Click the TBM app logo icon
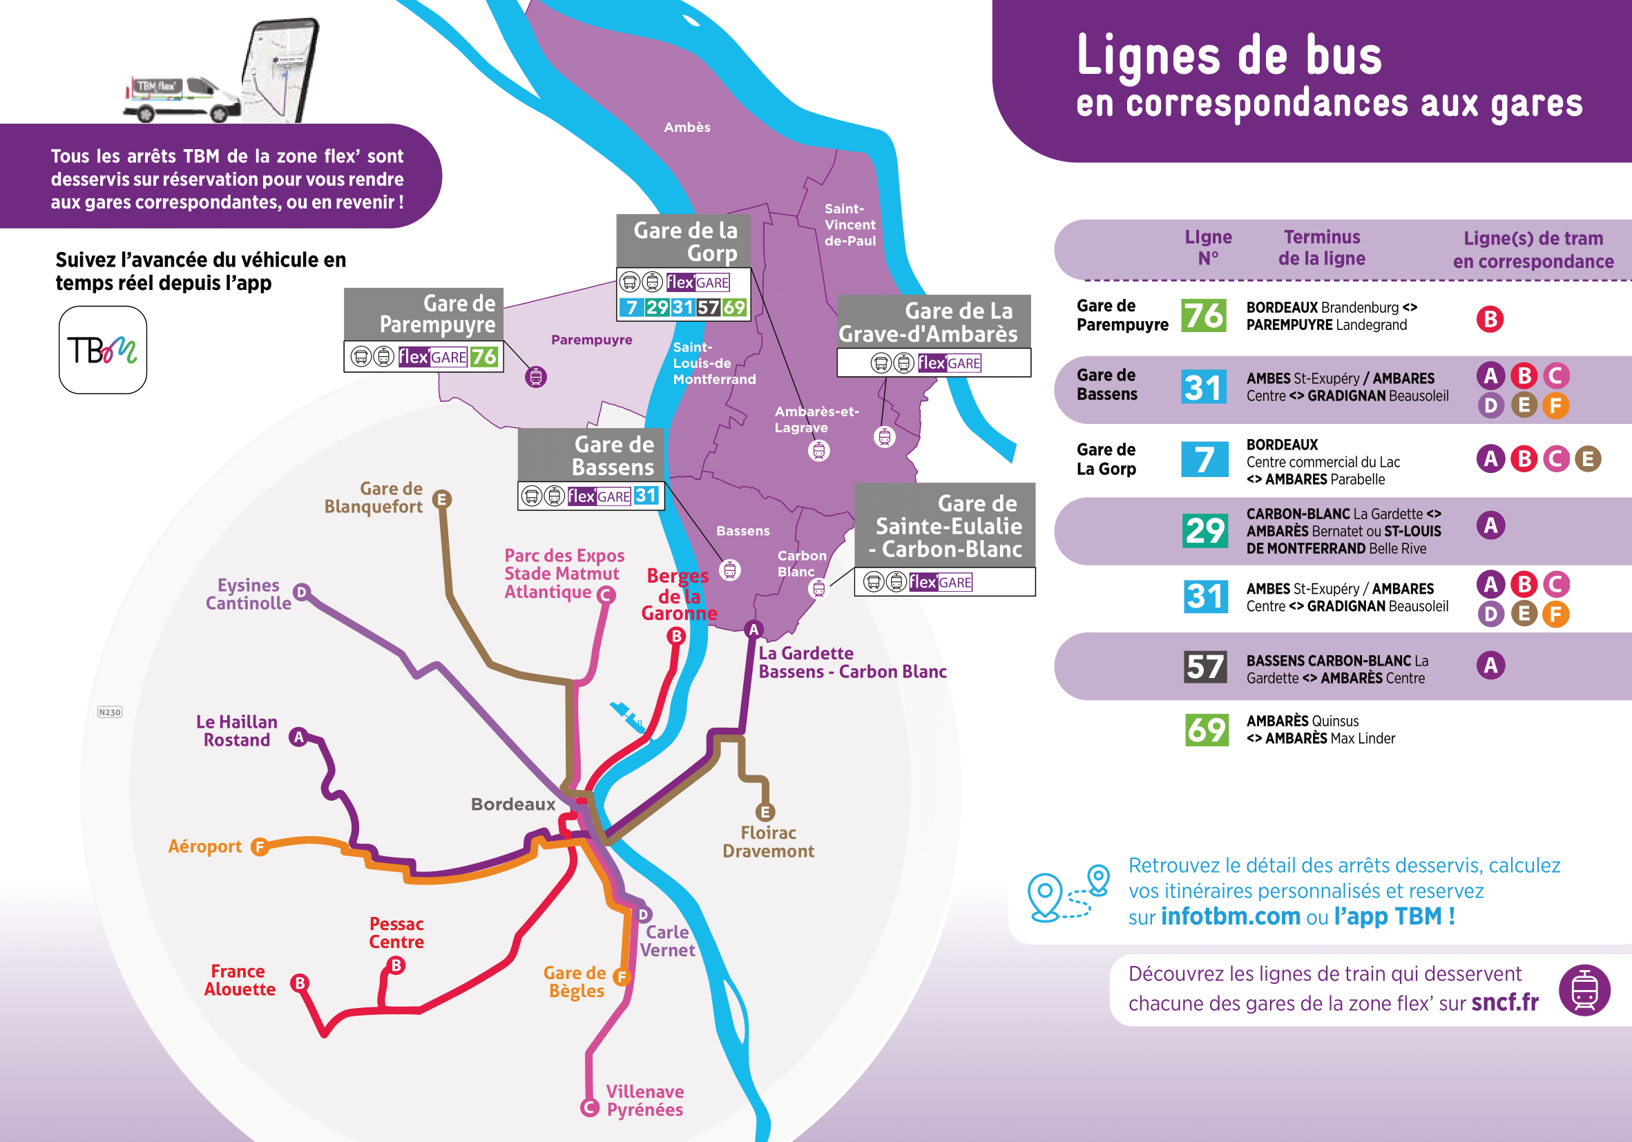102,349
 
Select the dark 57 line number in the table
1204,666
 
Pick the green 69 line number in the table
1207,730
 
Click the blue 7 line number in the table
1204,459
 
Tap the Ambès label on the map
687,127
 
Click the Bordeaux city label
512,804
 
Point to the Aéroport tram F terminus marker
260,846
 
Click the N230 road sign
109,712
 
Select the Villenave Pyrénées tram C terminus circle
589,1107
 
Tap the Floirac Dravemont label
768,842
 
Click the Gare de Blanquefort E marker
441,499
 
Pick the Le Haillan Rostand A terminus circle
298,737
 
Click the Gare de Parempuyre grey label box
423,313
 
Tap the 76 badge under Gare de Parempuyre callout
484,357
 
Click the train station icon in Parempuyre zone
536,377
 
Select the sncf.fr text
1505,1003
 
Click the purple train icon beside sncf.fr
1584,990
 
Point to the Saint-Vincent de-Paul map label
849,224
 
